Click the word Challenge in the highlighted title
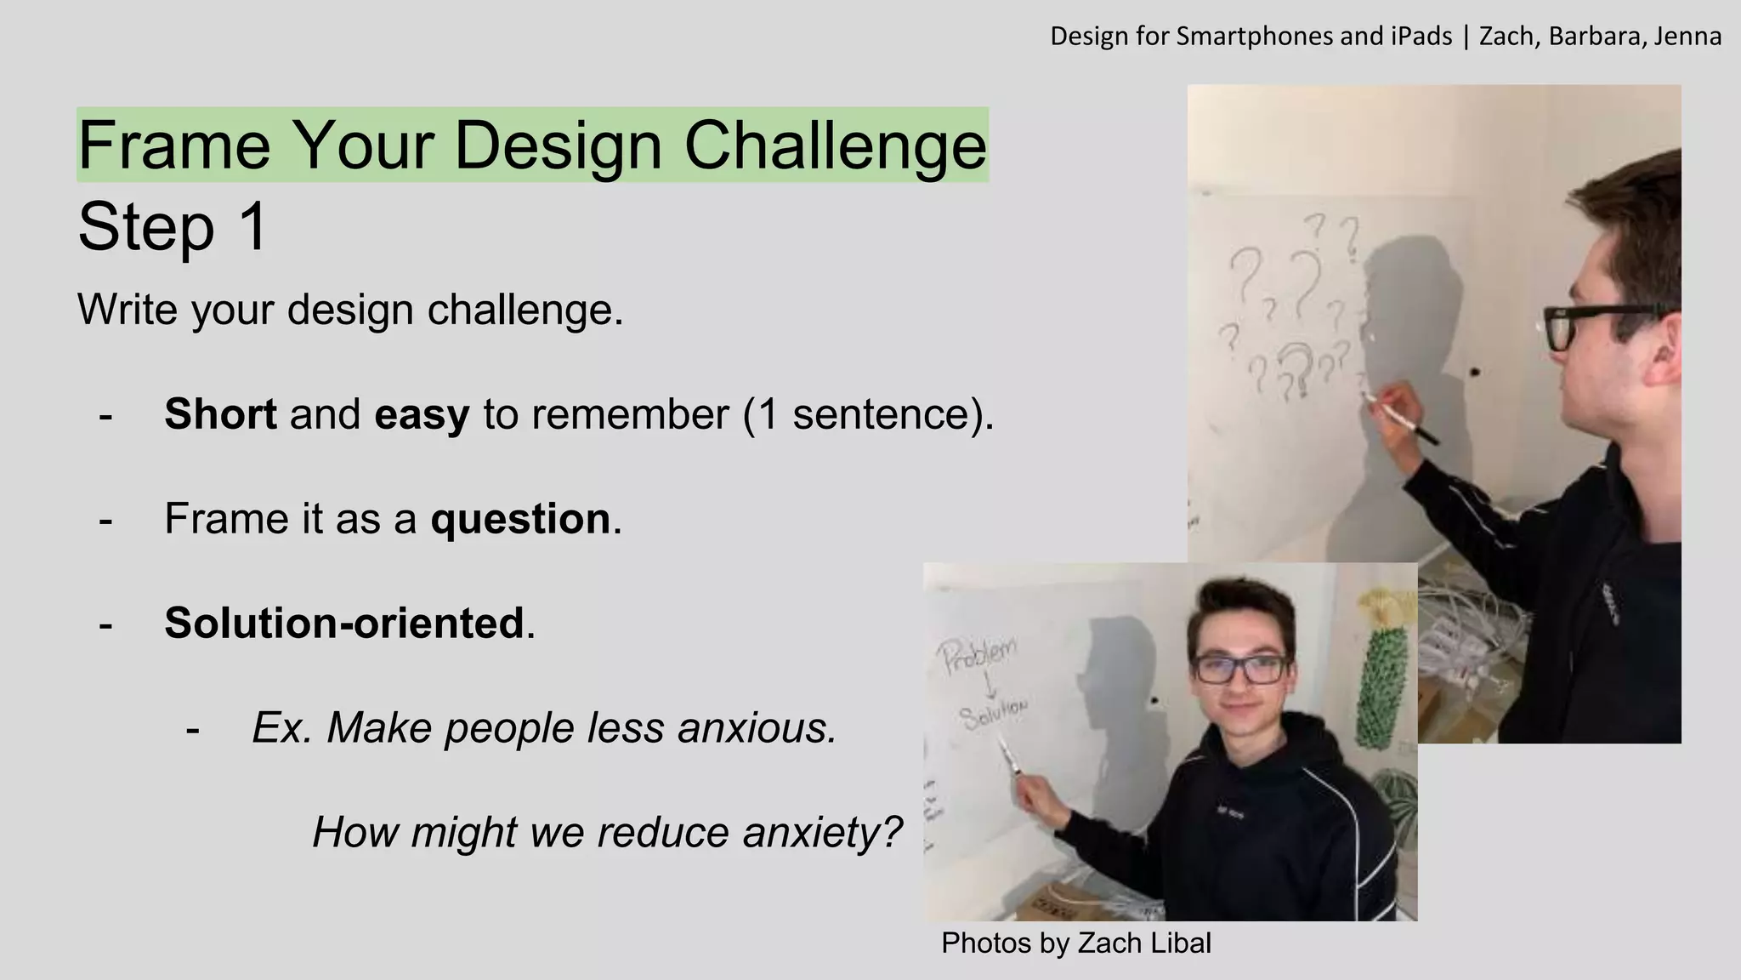[x=835, y=145]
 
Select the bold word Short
[x=220, y=414]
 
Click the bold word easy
[x=422, y=414]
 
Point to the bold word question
[x=520, y=519]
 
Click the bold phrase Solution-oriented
[x=344, y=623]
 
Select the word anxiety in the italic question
[x=821, y=832]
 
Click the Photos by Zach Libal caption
[x=1075, y=943]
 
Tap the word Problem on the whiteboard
[x=978, y=656]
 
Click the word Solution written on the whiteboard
[x=994, y=713]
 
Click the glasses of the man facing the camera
[x=1241, y=669]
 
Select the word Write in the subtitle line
[x=128, y=310]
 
